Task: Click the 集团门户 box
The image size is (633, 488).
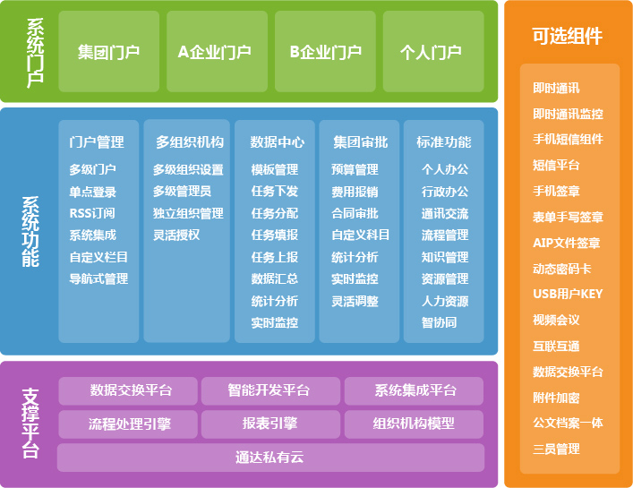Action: (108, 51)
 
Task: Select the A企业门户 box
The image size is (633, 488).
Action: (217, 51)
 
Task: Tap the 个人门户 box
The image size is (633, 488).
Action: (433, 51)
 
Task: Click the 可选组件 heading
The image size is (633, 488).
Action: (568, 36)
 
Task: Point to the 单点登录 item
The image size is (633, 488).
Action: (93, 192)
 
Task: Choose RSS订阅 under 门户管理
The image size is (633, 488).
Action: (92, 213)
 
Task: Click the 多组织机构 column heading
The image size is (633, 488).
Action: (190, 142)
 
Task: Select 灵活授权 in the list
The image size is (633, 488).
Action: (176, 235)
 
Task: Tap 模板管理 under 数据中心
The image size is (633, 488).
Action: (275, 169)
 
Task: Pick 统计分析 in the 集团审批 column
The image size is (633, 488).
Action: (355, 257)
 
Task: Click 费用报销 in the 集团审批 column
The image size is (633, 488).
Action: (355, 192)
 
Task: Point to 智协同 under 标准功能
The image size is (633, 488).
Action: (440, 322)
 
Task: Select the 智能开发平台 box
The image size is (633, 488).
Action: (270, 390)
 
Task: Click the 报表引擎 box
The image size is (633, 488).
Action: (270, 424)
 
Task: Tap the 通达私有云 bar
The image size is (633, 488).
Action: (270, 458)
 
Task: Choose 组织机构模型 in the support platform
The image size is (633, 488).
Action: (414, 424)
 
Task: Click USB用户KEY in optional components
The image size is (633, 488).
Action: (568, 294)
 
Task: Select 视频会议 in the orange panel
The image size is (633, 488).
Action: (556, 320)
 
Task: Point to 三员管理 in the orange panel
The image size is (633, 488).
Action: (556, 449)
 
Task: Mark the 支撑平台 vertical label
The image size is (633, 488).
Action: (30, 424)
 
